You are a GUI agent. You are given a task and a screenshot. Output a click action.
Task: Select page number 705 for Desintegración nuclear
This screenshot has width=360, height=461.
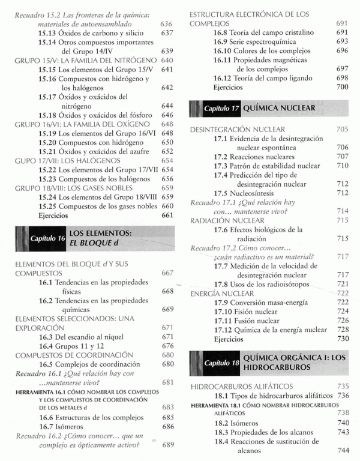[343, 130]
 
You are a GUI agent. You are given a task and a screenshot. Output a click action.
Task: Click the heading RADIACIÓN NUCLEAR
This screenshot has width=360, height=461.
[230, 220]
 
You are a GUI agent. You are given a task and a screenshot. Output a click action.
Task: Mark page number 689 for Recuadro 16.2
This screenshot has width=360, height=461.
[167, 445]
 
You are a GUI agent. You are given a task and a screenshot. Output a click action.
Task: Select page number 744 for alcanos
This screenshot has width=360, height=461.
[343, 448]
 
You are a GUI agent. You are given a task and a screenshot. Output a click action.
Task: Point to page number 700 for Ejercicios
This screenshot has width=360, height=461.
[343, 88]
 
